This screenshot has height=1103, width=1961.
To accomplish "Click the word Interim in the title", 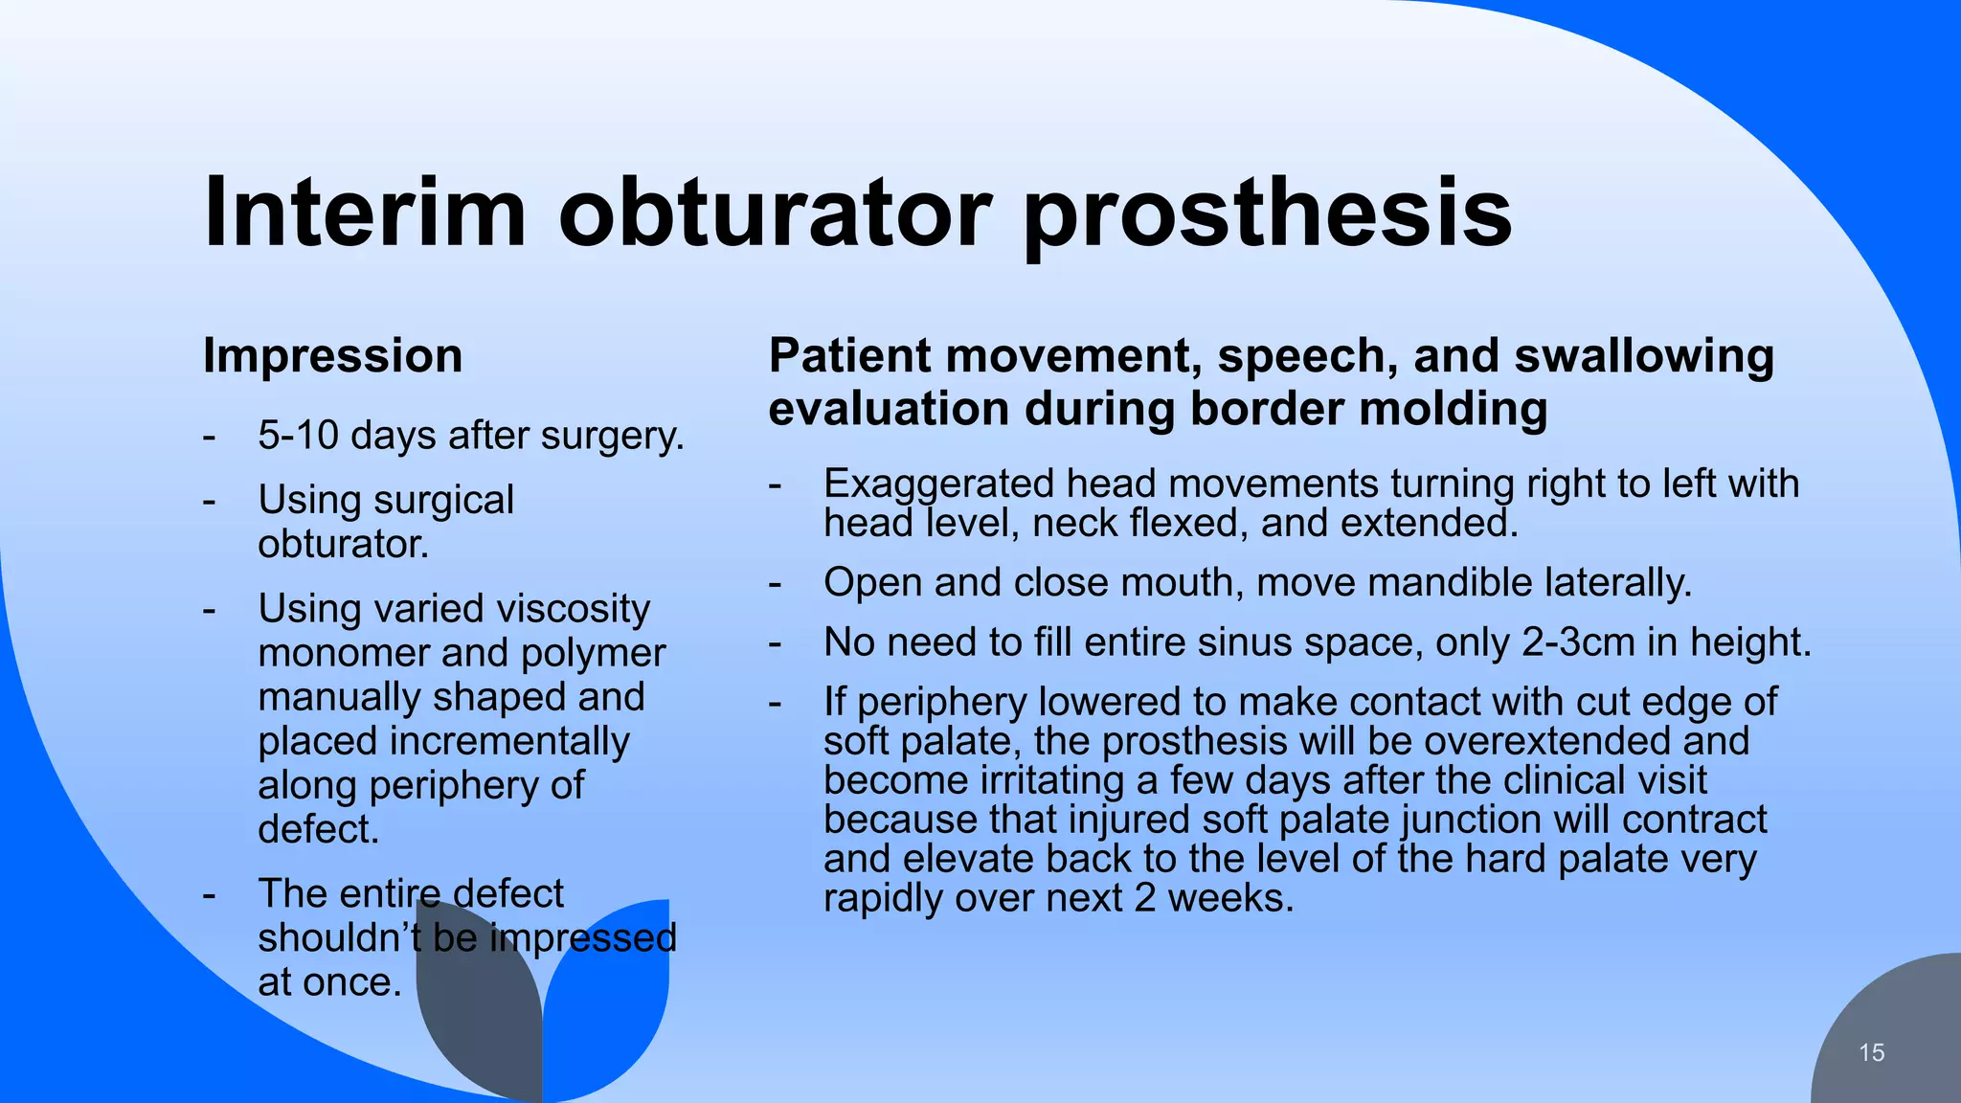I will click(x=365, y=212).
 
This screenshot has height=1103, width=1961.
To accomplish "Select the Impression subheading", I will click(x=332, y=356).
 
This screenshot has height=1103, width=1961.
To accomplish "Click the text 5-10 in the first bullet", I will click(x=298, y=436).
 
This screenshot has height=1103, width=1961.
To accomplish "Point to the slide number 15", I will click(x=1871, y=1053).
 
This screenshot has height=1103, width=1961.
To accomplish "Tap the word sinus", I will click(x=1237, y=642).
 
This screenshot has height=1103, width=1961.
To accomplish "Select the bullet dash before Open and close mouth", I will click(x=776, y=583).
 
